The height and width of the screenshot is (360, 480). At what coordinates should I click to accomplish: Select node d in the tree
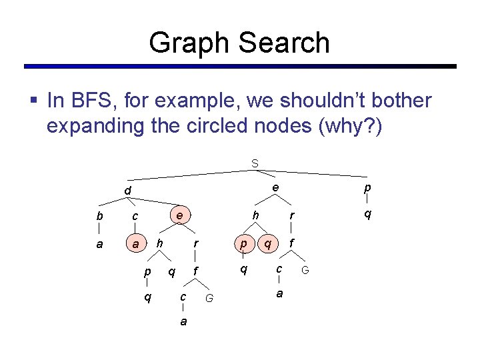[x=127, y=192]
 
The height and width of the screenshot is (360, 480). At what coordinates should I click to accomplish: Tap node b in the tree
[x=99, y=216]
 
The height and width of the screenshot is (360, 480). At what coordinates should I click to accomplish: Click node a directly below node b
[x=99, y=244]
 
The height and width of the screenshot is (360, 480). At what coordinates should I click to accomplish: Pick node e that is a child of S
[x=275, y=188]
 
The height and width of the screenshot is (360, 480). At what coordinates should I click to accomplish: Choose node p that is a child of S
[x=367, y=189]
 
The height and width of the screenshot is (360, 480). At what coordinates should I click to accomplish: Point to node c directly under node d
[x=135, y=216]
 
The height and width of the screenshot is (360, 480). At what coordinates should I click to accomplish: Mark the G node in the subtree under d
[x=209, y=298]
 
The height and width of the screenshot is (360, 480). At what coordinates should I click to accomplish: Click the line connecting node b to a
[x=99, y=230]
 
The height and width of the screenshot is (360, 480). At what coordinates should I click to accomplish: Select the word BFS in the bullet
[x=86, y=101]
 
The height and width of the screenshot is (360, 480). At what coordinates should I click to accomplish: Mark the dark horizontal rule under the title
[x=240, y=67]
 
